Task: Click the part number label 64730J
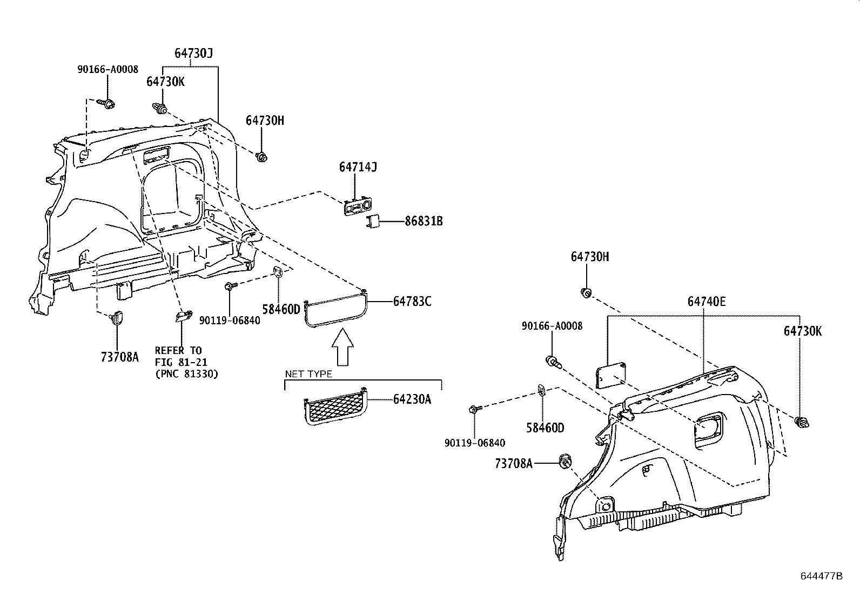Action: [x=193, y=54]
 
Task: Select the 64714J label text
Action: [x=358, y=167]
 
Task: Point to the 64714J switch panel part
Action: [x=356, y=208]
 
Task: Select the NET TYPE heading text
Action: [x=308, y=374]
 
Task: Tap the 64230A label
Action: [x=412, y=399]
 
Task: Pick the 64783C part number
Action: [x=412, y=302]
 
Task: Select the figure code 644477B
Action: [x=821, y=576]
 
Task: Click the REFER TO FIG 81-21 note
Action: [x=186, y=362]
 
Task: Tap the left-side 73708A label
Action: [x=119, y=357]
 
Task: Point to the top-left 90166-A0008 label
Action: [x=107, y=69]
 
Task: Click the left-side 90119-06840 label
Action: [x=230, y=320]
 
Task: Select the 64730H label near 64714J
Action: [x=265, y=121]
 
